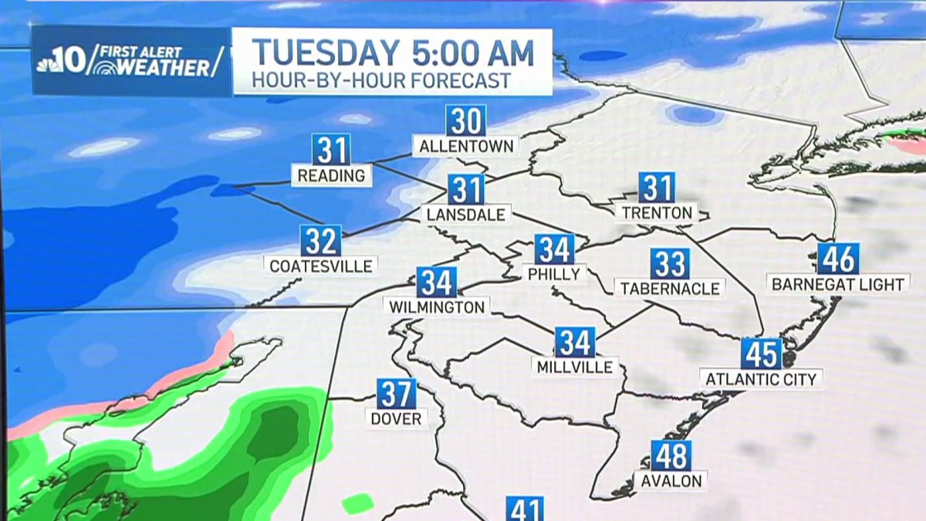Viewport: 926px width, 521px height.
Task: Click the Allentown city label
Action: click(465, 146)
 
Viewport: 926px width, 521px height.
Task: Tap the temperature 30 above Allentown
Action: click(465, 121)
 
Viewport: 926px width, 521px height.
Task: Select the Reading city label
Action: click(331, 176)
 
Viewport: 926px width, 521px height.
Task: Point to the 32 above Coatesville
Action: click(321, 241)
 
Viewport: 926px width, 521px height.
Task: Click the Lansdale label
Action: click(465, 215)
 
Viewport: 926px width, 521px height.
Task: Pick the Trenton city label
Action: click(657, 212)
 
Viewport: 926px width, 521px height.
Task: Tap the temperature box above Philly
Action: click(554, 249)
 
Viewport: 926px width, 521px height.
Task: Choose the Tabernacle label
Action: click(670, 289)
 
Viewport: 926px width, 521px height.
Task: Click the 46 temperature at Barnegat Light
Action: click(838, 259)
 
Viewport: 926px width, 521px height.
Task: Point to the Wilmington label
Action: click(437, 306)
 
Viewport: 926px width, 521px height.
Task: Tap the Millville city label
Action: click(576, 367)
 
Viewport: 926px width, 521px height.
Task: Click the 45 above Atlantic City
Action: click(761, 354)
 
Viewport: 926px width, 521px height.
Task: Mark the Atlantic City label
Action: click(761, 379)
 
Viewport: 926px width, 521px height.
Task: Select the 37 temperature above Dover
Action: click(397, 394)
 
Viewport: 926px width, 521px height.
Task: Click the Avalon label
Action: click(671, 481)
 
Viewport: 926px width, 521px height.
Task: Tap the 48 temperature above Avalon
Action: click(671, 455)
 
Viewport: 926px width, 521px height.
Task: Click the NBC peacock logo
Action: click(51, 61)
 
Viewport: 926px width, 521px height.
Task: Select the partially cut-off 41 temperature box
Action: click(525, 509)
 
